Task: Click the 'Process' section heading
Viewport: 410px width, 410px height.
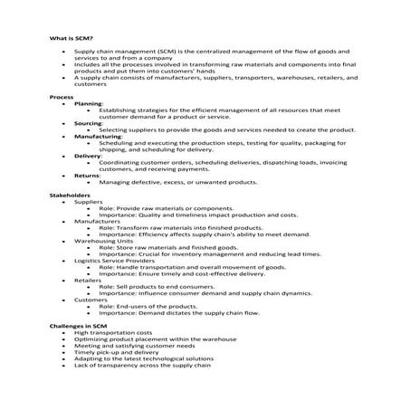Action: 62,96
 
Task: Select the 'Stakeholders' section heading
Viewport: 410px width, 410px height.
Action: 70,195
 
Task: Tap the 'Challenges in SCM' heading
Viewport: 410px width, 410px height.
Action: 78,325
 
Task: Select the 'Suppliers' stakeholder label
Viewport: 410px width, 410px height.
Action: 89,201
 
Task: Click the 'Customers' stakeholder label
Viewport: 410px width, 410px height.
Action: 91,300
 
